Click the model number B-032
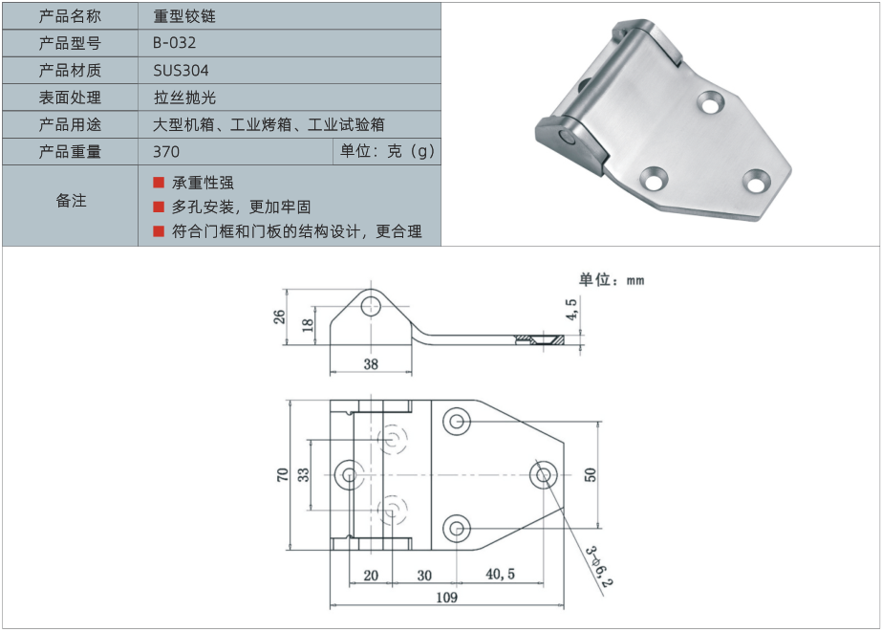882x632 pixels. [x=174, y=43]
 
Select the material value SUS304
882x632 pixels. [x=181, y=71]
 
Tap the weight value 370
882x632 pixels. [x=166, y=152]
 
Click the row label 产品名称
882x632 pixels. [x=70, y=15]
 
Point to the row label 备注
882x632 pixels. [x=71, y=201]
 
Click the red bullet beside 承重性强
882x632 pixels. [x=159, y=183]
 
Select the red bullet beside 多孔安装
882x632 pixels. [x=159, y=207]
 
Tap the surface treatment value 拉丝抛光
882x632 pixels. [x=184, y=98]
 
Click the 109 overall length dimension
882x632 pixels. [x=446, y=598]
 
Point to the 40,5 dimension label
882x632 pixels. [x=500, y=574]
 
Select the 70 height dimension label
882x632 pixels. [x=283, y=474]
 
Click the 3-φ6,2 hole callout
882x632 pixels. [x=599, y=567]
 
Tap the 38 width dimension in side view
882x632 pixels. [x=371, y=364]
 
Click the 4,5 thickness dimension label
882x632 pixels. [x=570, y=310]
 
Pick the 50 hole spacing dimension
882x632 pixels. [x=590, y=474]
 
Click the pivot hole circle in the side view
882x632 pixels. [x=371, y=307]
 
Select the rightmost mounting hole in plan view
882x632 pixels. [x=544, y=475]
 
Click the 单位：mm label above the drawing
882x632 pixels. [x=612, y=280]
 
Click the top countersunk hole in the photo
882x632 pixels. [x=711, y=103]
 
